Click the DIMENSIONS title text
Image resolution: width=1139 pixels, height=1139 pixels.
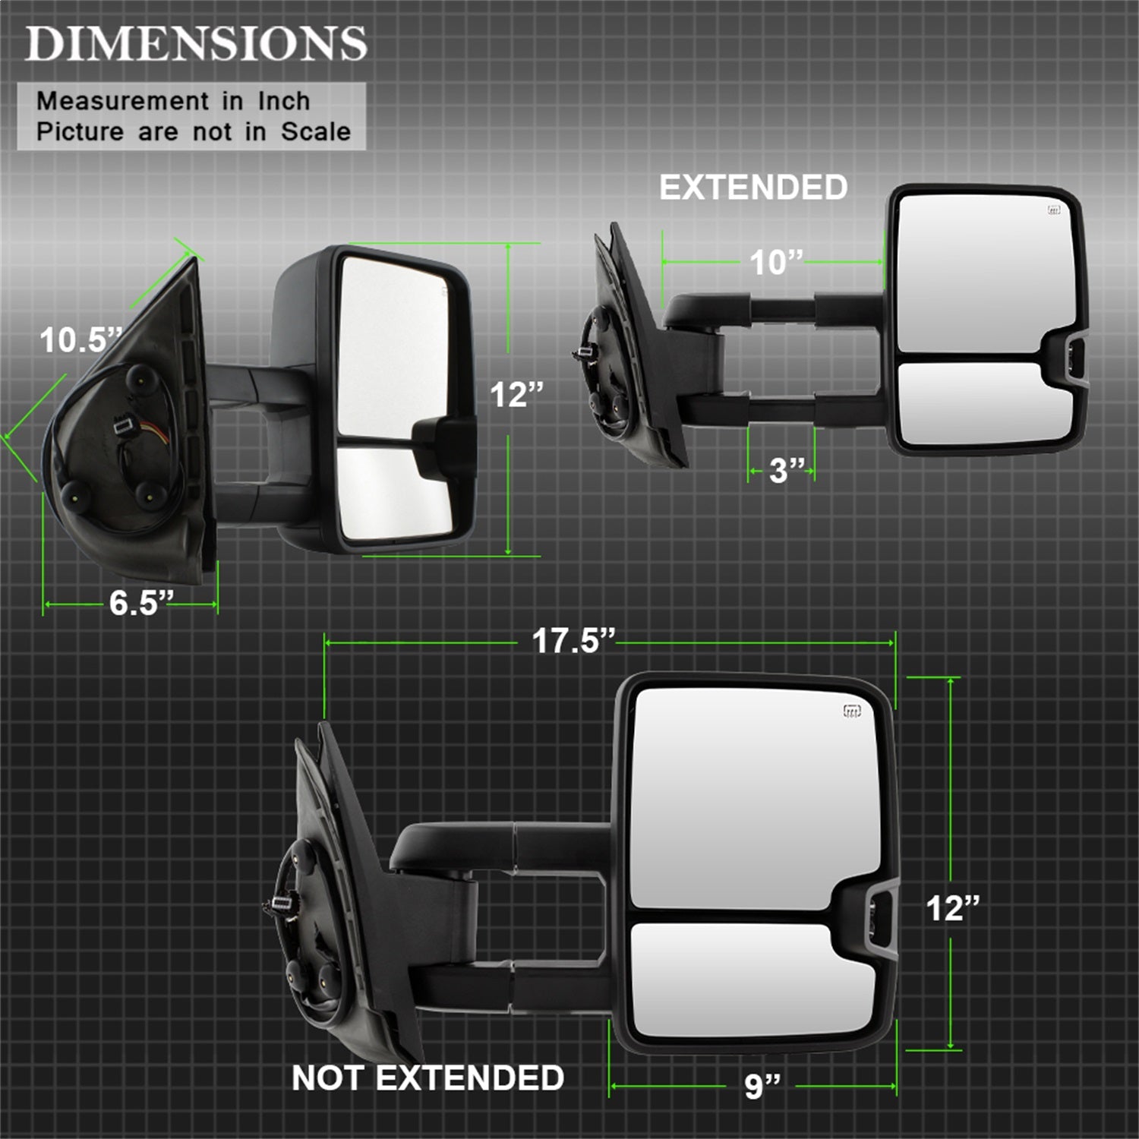point(197,43)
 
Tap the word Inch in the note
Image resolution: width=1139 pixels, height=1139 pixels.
point(284,100)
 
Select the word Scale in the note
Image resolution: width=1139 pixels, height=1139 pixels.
point(316,131)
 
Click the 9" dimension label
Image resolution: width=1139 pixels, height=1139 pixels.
point(762,1086)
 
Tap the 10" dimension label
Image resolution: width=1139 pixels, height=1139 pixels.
point(776,263)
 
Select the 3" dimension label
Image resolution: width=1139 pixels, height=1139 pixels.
point(787,470)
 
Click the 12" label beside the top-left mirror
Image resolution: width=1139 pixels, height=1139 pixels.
point(516,395)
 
